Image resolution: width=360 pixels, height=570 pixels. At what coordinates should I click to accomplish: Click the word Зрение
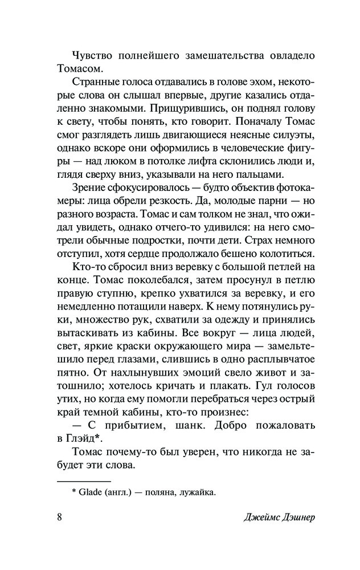pyautogui.click(x=91, y=189)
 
